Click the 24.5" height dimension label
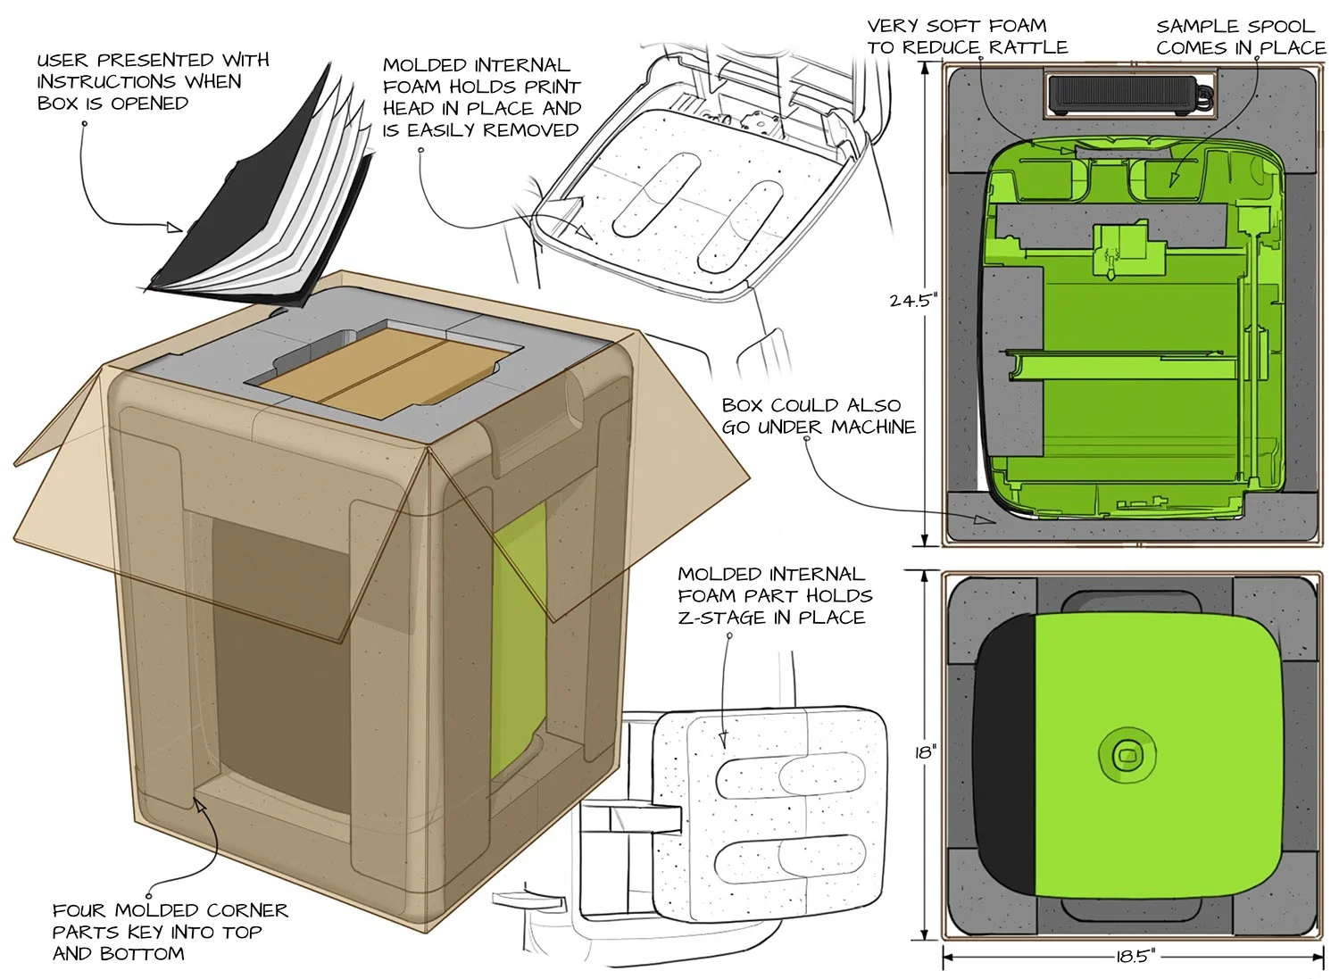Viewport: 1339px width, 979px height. pos(911,301)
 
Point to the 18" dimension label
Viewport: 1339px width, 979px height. pos(925,751)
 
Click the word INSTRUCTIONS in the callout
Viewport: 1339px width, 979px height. pos(92,82)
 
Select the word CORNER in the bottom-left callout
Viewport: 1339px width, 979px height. pos(244,911)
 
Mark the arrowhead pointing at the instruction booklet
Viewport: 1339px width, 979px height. pos(174,228)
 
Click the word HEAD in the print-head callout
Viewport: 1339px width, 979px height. pos(409,109)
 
